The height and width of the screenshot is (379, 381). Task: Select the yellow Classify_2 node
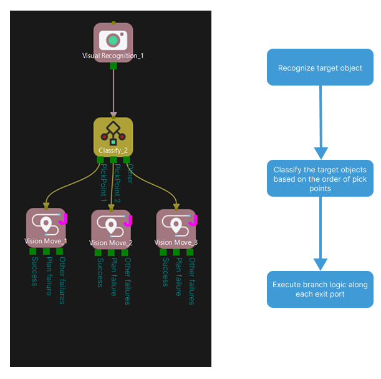tap(113, 137)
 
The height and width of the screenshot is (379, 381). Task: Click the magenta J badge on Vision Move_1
tap(62, 219)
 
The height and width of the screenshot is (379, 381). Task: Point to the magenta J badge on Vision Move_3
tap(193, 220)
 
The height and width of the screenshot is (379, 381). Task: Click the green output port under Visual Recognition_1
tap(113, 65)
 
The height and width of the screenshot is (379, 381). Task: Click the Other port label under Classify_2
tap(129, 173)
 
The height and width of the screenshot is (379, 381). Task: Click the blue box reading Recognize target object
tap(320, 67)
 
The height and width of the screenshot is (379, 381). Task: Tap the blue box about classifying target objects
tap(320, 179)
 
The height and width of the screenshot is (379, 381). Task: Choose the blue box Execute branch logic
tap(320, 289)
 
